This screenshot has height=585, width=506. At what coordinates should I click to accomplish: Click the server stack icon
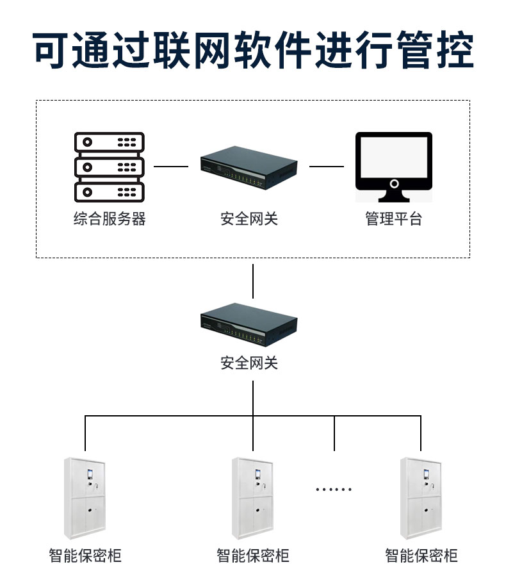[110, 167]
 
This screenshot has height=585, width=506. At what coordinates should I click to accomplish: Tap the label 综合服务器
[110, 219]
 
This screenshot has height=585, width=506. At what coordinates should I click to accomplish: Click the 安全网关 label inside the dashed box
[249, 219]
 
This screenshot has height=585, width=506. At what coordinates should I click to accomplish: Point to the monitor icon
[394, 165]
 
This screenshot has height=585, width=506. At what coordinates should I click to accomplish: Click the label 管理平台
[394, 219]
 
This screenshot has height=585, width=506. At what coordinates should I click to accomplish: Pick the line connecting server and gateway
[171, 167]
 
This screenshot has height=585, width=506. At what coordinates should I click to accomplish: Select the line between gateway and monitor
[327, 167]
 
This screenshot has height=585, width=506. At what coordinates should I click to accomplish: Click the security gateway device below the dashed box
[249, 324]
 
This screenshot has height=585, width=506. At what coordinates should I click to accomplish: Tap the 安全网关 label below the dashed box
[249, 363]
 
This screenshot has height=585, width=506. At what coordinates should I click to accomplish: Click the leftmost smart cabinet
[85, 498]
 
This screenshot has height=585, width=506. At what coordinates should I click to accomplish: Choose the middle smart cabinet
[253, 498]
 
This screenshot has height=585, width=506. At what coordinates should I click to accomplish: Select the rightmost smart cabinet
[421, 498]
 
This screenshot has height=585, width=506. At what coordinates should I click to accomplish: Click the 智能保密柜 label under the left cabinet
[85, 555]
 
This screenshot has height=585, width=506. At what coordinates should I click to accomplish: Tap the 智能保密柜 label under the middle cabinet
[253, 555]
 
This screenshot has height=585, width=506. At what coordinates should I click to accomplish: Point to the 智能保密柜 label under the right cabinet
[421, 555]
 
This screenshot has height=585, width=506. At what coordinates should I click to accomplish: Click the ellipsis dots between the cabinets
[334, 490]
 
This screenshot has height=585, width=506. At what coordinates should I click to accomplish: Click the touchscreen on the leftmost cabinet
[90, 475]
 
